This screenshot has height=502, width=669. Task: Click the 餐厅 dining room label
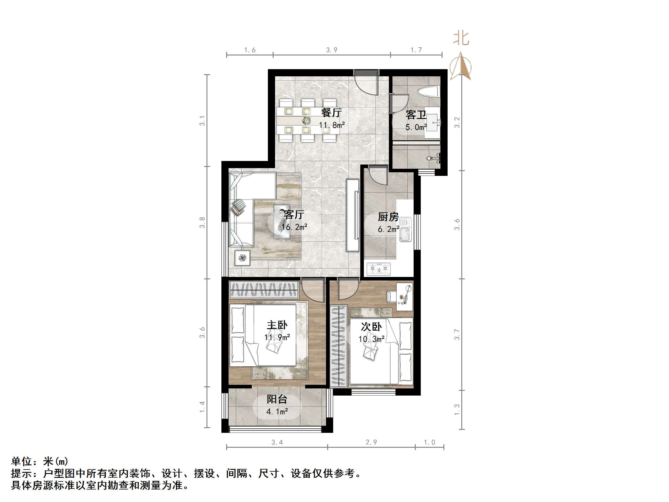point(331,113)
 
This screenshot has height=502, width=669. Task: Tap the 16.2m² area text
point(294,227)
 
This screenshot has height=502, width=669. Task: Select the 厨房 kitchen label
point(388,217)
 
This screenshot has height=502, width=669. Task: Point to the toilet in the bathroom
point(429,92)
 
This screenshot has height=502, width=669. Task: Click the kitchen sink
point(405,230)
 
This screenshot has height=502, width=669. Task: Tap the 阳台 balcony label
point(277,399)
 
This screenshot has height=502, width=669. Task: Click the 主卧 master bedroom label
point(277,325)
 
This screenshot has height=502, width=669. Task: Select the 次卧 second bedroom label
point(371,326)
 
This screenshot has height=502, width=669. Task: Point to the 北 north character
point(461,39)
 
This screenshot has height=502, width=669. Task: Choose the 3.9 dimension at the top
point(331,50)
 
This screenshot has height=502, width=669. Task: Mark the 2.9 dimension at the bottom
point(371,442)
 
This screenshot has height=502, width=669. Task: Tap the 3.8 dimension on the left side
point(202,222)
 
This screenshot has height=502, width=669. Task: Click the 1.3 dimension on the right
point(457,409)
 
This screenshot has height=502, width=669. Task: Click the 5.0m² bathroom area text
point(416,127)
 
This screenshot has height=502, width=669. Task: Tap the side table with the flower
point(242,258)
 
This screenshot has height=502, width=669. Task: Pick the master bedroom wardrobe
point(264,289)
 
